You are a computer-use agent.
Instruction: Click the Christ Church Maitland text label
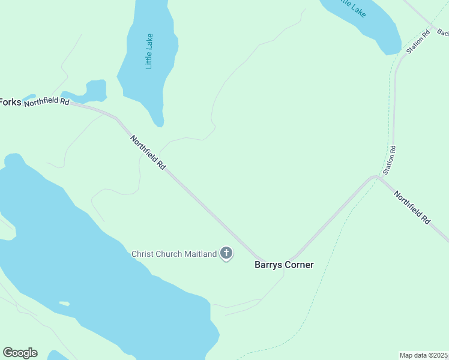tap(174, 254)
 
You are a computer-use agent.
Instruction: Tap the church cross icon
tap(226, 253)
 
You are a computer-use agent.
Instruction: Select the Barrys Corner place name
tap(284, 265)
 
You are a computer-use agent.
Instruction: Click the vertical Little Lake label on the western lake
tap(149, 51)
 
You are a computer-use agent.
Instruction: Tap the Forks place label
tap(10, 102)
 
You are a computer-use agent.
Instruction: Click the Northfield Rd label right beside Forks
tap(47, 102)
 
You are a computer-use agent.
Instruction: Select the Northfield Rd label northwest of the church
tap(148, 152)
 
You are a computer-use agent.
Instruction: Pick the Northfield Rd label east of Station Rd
tap(412, 207)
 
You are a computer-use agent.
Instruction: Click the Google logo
tap(20, 353)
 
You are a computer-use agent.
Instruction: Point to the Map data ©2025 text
tap(424, 355)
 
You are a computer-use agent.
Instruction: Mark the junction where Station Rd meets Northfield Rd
tap(376, 177)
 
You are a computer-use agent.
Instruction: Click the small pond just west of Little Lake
tap(94, 91)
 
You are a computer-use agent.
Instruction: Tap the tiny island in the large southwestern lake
tap(64, 304)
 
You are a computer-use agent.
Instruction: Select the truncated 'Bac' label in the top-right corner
tap(442, 32)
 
